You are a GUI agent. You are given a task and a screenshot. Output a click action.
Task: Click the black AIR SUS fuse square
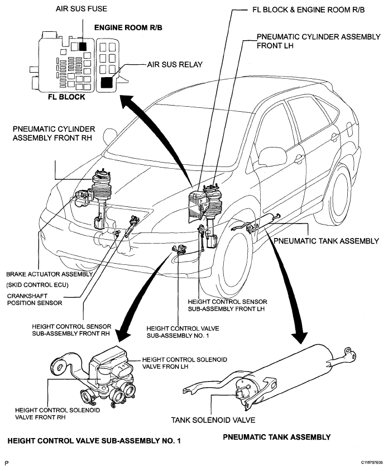click(83, 46)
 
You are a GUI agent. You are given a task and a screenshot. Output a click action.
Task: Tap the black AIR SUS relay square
click(107, 82)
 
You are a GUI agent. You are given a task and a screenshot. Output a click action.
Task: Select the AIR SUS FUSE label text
click(82, 9)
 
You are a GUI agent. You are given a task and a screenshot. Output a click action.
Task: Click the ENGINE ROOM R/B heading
click(128, 27)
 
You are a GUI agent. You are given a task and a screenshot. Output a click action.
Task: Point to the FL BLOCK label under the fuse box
click(66, 97)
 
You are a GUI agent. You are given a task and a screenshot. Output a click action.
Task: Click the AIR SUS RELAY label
click(175, 65)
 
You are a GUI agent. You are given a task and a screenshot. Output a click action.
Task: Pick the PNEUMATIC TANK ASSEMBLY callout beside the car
click(327, 241)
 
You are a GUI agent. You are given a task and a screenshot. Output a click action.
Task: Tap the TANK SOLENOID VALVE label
click(213, 420)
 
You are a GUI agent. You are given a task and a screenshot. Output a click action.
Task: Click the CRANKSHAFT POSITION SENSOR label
click(35, 299)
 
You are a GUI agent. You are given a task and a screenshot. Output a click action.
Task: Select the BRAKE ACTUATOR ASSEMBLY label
click(50, 274)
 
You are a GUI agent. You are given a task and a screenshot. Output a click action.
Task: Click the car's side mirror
click(272, 155)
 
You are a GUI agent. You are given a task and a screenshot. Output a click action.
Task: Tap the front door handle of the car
click(299, 158)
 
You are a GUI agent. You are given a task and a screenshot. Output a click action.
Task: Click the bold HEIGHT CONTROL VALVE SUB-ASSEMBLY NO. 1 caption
click(94, 441)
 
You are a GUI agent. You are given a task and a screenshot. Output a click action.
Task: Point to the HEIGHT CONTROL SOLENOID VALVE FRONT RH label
click(58, 413)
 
